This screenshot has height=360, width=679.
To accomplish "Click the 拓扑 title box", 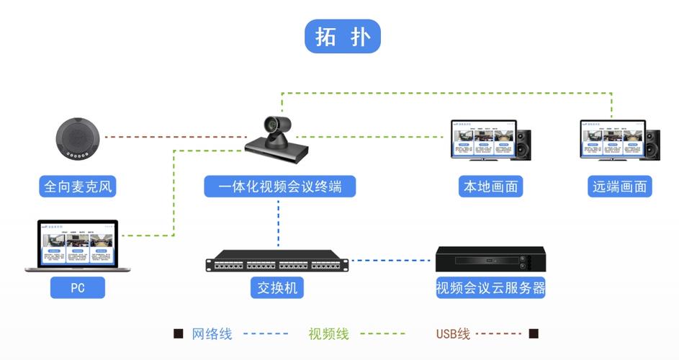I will [342, 36].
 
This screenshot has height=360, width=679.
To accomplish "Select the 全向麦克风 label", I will [78, 187].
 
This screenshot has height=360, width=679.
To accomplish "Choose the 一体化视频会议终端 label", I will [279, 187].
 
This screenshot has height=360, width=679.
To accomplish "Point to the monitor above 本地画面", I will [483, 139].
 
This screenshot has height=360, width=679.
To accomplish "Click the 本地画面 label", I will [490, 187].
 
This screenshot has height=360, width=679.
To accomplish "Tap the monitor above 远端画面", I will [612, 139].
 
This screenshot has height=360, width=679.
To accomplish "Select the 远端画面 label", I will [620, 187].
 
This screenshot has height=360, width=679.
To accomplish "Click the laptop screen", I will [78, 243].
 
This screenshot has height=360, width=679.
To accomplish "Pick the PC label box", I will [78, 288].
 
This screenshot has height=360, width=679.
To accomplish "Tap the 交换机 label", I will [278, 288].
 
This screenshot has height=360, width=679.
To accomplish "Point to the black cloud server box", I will [490, 259].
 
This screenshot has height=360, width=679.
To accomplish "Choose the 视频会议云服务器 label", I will [490, 288].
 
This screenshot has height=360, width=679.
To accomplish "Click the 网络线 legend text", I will [212, 333].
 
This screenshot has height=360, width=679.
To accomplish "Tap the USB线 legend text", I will [453, 333].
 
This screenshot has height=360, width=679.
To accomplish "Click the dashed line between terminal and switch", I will [278, 223].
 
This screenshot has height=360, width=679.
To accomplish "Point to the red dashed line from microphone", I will [173, 136].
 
